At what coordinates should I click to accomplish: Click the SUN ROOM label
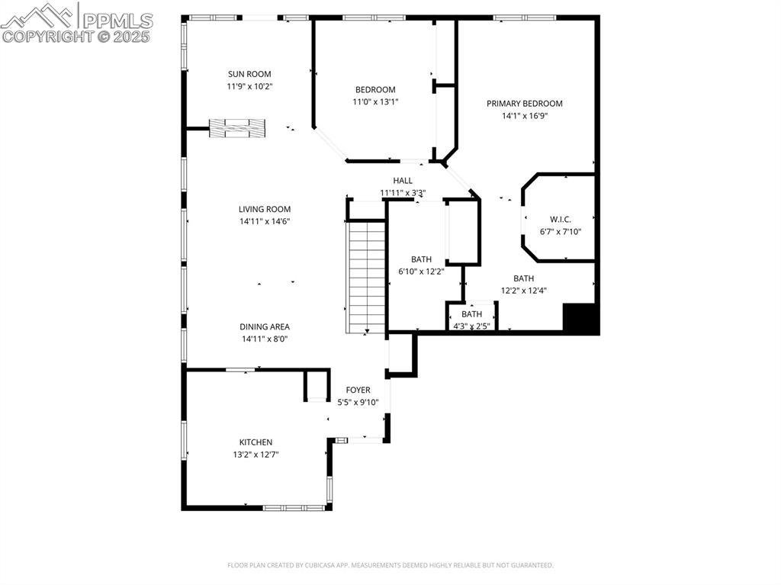(x=249, y=74)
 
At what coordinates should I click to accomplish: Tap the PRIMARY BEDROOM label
(x=525, y=104)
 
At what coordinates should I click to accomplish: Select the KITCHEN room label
(x=256, y=442)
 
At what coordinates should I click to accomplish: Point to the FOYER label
(x=358, y=391)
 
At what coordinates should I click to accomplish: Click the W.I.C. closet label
(x=561, y=219)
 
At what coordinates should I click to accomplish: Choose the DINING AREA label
(x=265, y=327)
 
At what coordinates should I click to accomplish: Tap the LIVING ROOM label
(x=265, y=209)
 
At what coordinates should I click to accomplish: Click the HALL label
(x=403, y=181)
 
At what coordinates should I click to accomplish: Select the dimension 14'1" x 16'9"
(x=525, y=116)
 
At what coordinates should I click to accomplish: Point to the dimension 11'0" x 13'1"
(x=375, y=102)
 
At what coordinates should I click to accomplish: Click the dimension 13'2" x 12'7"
(x=256, y=455)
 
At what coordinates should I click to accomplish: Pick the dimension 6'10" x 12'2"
(x=421, y=272)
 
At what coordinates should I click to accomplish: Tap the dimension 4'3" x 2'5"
(x=471, y=326)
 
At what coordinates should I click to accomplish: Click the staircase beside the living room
(x=367, y=278)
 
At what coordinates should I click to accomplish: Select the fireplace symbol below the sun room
(x=237, y=128)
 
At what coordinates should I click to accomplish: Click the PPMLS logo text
(x=117, y=21)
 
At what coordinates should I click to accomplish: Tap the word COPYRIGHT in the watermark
(x=48, y=37)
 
